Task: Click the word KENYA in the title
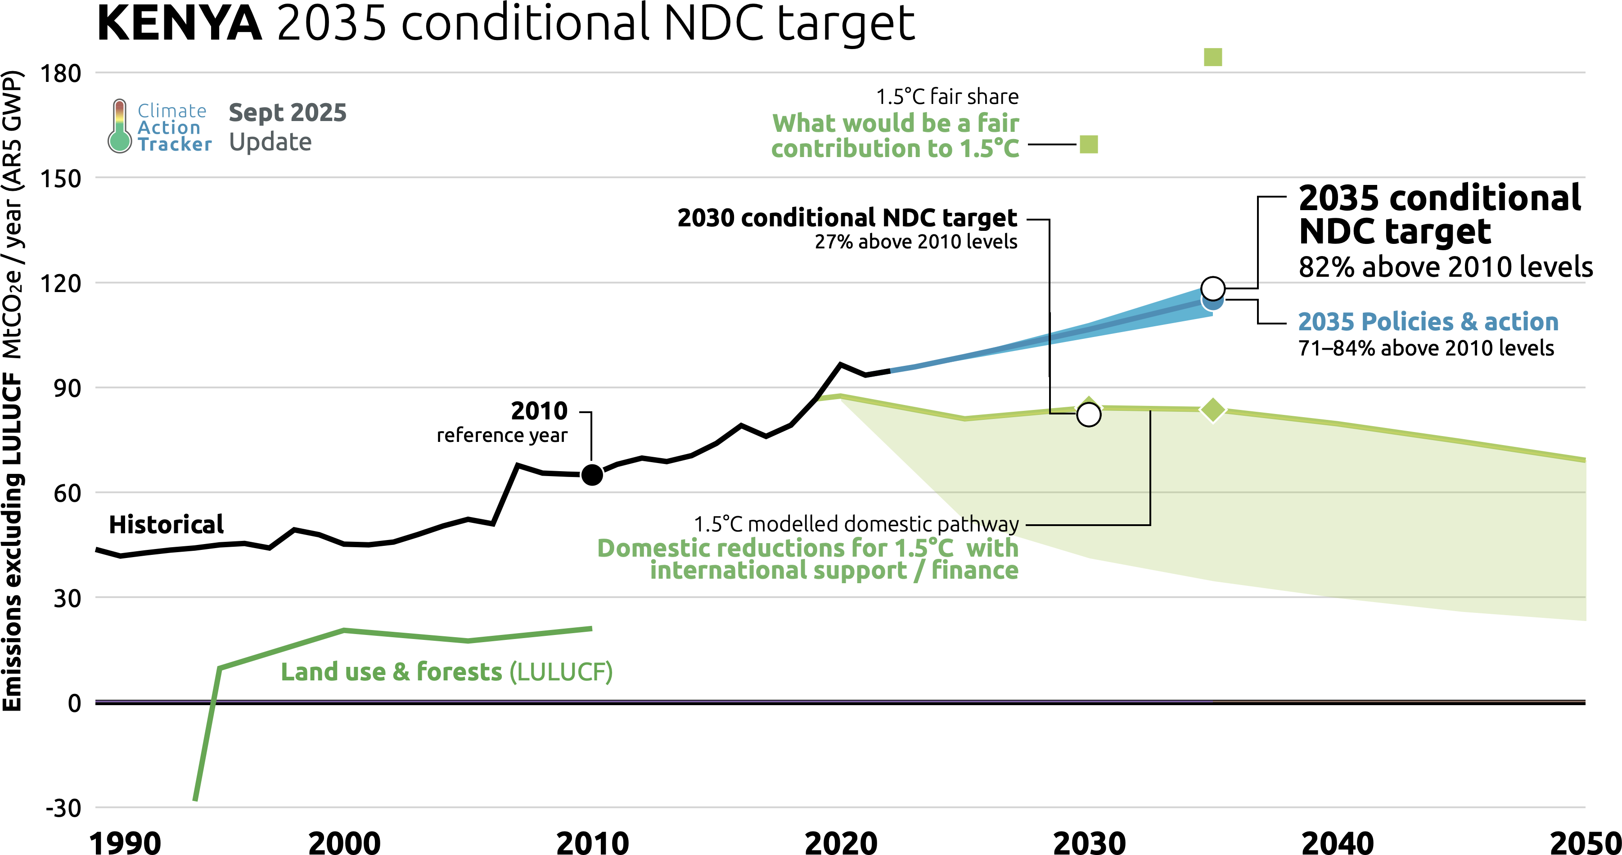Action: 180,24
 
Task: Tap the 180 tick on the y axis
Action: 60,74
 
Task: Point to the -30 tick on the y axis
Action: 63,808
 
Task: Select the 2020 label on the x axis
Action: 841,842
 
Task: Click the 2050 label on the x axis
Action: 1584,842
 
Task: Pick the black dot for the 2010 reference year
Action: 592,475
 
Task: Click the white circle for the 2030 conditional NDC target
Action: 1089,414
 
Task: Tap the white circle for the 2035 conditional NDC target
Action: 1213,288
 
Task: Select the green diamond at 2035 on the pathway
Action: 1213,410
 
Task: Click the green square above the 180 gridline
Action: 1213,57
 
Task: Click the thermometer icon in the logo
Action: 119,126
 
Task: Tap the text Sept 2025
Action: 287,112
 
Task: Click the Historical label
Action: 166,524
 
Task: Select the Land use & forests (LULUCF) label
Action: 446,672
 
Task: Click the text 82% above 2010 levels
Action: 1446,267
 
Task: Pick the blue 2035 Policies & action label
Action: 1428,322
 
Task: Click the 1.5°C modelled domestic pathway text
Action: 856,524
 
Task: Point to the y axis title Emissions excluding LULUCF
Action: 13,541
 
